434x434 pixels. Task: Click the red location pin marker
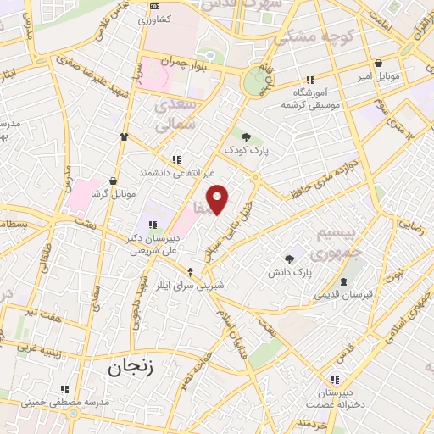[219, 201]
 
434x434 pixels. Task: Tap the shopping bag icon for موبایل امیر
[378, 63]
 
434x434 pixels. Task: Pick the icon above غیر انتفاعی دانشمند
[176, 159]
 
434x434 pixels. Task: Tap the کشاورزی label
[154, 18]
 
